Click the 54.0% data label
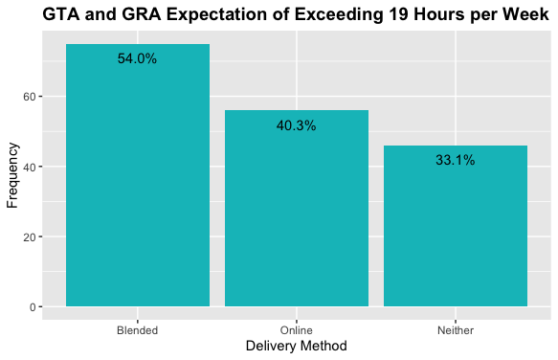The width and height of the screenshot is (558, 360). tap(137, 58)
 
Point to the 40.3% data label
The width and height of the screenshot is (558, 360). tap(296, 125)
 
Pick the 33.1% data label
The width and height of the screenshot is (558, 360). tap(456, 161)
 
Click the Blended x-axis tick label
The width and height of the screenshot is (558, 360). tap(137, 329)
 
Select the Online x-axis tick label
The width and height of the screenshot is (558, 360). tap(296, 329)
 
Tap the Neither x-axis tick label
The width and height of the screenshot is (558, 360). tap(456, 329)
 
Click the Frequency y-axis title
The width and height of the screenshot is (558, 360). tap(12, 175)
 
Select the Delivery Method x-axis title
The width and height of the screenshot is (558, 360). tap(296, 346)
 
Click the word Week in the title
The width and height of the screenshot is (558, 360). tap(525, 15)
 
